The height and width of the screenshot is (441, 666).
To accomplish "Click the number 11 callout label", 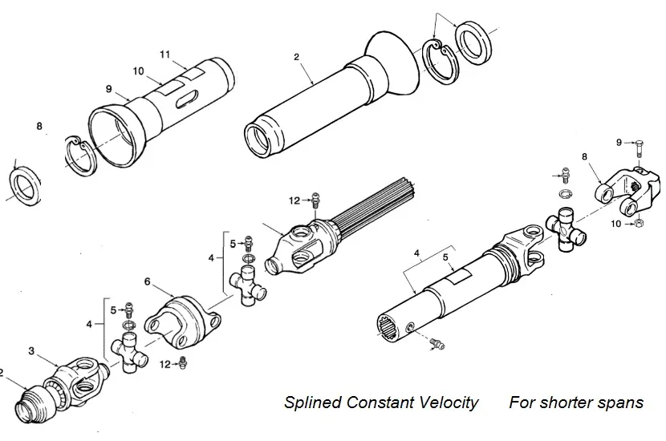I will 165,54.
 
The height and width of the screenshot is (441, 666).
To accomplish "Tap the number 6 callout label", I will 148,281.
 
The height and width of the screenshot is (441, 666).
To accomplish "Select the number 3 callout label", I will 31,350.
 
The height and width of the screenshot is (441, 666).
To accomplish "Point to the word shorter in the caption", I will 571,403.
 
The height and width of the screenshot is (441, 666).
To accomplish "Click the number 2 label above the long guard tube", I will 296,58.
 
